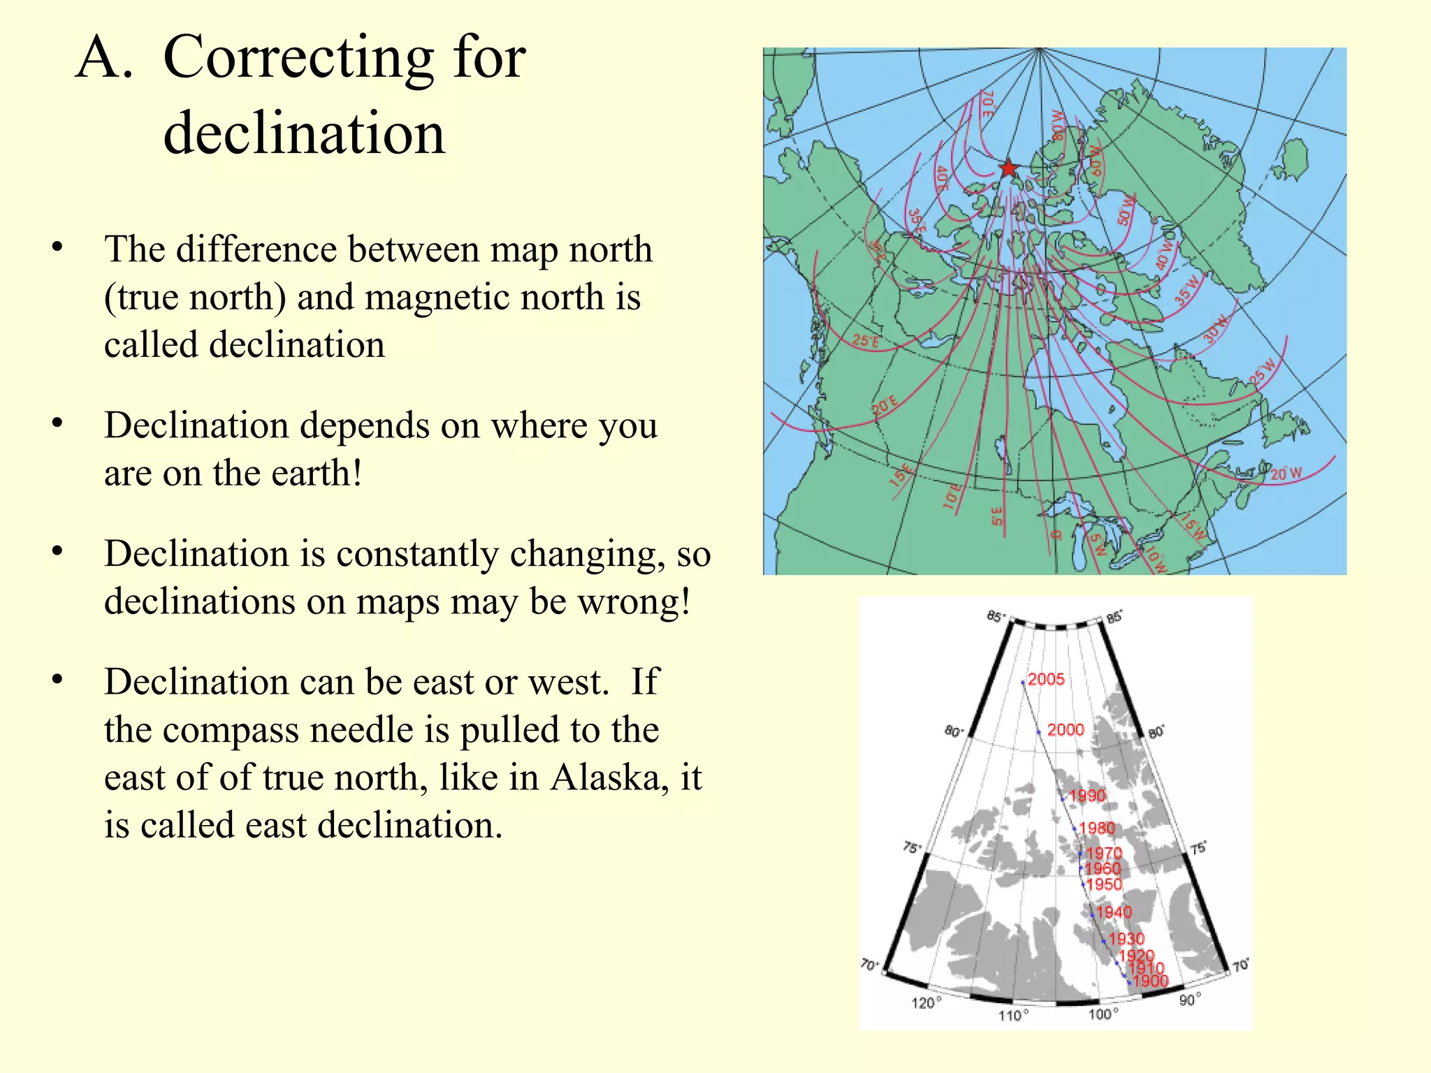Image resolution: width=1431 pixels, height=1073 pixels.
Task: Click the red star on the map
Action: click(1008, 168)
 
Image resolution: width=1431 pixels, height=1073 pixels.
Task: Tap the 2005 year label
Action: click(1046, 679)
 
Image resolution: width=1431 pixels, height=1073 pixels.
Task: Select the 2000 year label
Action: click(1065, 729)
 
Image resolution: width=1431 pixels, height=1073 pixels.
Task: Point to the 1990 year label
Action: click(1087, 796)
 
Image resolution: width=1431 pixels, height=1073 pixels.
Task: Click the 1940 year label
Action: click(1113, 912)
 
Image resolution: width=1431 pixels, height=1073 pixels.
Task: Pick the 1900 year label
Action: click(1150, 981)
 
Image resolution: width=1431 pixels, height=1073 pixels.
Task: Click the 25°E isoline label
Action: click(866, 341)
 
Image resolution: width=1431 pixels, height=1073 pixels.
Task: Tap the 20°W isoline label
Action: click(1286, 474)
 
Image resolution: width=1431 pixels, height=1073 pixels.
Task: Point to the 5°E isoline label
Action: click(997, 516)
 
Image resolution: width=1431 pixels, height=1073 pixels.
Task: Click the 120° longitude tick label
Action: click(926, 1003)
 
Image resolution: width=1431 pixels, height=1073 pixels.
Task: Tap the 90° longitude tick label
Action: click(1190, 1000)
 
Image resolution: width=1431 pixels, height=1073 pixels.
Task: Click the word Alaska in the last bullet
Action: click(609, 777)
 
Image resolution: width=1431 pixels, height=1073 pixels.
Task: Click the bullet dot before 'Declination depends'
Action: click(57, 423)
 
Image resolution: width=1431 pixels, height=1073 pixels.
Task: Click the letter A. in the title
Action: click(103, 57)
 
